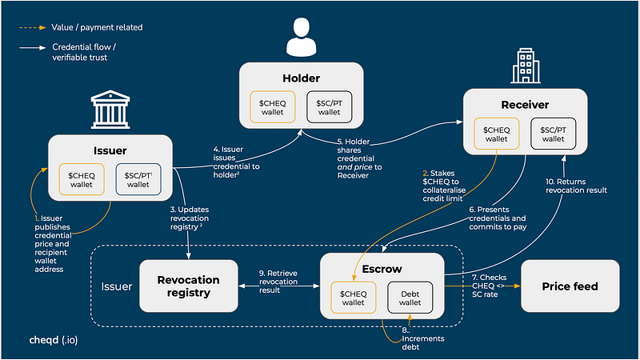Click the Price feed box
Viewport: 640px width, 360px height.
point(570,286)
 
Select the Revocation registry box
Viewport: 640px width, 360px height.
point(189,286)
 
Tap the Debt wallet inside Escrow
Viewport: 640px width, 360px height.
point(410,298)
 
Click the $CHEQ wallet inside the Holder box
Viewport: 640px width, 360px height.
point(272,107)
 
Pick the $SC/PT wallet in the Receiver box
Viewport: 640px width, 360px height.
point(553,134)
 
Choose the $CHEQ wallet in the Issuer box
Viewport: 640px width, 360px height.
point(82,179)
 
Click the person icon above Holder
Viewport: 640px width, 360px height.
point(302,37)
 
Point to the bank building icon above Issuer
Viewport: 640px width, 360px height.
point(110,110)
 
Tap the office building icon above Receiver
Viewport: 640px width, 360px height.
point(526,66)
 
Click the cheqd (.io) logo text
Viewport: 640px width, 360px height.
point(54,340)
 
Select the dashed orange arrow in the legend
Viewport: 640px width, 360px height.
point(33,28)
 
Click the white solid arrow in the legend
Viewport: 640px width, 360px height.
point(33,48)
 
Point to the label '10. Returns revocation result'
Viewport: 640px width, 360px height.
point(576,186)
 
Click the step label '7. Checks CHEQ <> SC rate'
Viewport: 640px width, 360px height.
point(489,286)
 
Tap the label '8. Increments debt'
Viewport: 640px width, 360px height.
point(423,338)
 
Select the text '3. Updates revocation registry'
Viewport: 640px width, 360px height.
point(190,218)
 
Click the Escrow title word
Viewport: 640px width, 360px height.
point(382,269)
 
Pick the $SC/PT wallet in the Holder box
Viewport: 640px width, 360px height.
point(329,107)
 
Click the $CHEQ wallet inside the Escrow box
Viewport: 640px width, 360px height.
point(353,298)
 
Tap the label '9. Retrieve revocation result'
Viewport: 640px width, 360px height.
point(278,282)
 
